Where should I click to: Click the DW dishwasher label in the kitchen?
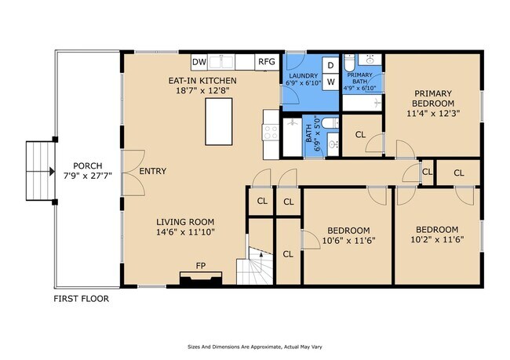tap(199, 62)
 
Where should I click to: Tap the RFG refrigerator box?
tap(267, 62)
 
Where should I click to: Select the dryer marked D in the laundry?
tap(330, 65)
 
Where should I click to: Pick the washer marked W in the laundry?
tap(330, 82)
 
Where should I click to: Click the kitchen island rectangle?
tap(219, 122)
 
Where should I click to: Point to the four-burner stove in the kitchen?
tap(271, 133)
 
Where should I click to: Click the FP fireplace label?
tap(201, 266)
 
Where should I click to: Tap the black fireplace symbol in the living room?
tap(201, 279)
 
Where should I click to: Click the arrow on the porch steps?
tap(52, 172)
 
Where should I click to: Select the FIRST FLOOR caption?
tap(82, 299)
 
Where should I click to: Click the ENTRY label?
tap(153, 171)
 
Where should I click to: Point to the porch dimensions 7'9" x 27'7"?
tap(88, 176)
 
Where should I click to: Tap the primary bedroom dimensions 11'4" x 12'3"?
tap(433, 114)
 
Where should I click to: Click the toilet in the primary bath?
tap(350, 63)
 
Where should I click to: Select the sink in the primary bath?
tap(370, 60)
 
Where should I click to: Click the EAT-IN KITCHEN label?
tap(202, 81)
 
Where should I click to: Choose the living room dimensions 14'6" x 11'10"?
tap(185, 232)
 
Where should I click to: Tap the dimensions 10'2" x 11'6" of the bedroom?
tap(437, 240)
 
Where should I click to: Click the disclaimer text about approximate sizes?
tap(255, 347)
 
